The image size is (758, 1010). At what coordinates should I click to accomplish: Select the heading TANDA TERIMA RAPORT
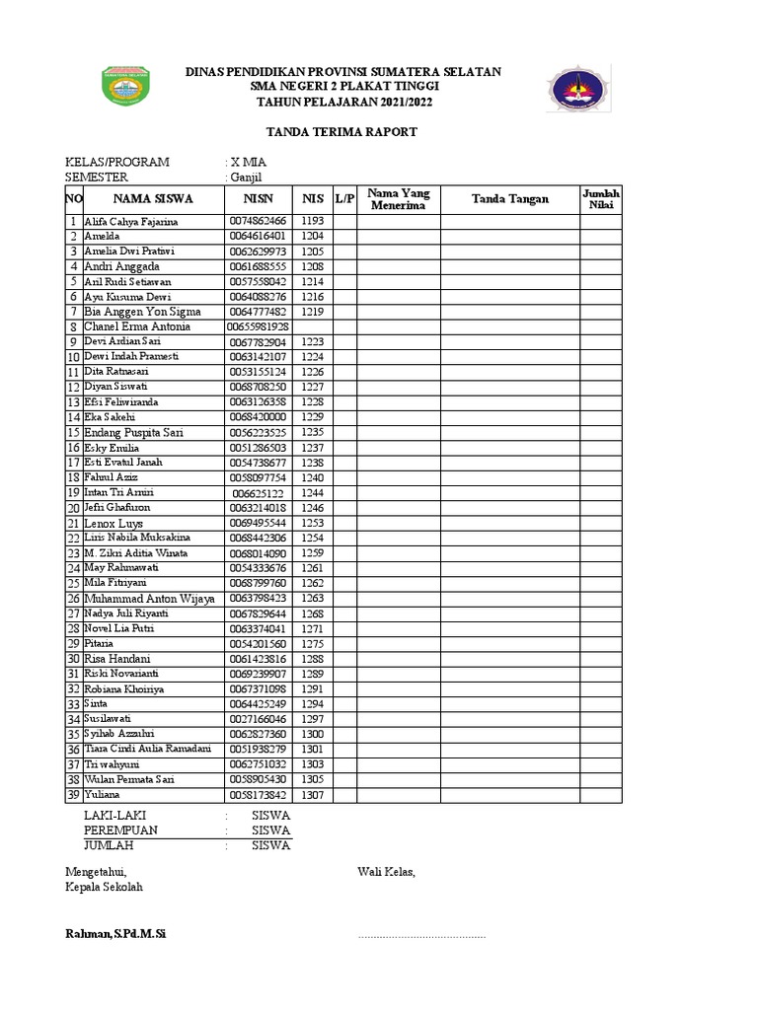(x=330, y=132)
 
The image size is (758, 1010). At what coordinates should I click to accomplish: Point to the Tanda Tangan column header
(x=509, y=199)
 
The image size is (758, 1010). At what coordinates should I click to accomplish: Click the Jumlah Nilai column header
(x=600, y=199)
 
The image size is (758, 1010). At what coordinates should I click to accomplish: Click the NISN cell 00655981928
(x=258, y=326)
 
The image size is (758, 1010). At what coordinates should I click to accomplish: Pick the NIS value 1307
(x=313, y=795)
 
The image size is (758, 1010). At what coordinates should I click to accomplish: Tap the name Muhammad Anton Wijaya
(x=149, y=599)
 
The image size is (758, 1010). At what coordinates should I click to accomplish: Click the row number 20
(x=73, y=508)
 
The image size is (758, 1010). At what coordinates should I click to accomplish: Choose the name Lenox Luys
(x=114, y=523)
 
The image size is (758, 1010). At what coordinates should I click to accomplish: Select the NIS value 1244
(x=313, y=492)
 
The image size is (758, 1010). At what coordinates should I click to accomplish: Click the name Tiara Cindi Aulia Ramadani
(x=147, y=750)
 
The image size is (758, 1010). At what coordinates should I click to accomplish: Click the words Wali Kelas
(x=387, y=872)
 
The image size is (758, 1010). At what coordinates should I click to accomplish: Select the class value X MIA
(x=249, y=162)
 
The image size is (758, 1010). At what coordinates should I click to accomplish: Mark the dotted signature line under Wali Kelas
(x=421, y=935)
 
